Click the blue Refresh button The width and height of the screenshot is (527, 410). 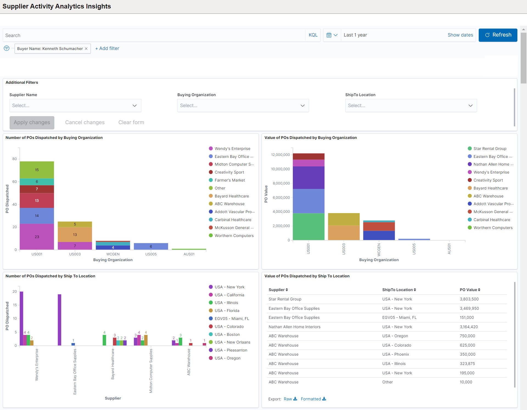[x=498, y=35]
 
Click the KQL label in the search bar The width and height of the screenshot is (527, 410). [x=313, y=35]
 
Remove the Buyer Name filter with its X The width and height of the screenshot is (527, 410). [x=86, y=49]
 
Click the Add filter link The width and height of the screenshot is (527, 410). [x=107, y=48]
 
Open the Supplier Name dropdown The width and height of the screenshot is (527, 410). [x=75, y=105]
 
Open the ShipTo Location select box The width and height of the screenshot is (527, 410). [x=411, y=105]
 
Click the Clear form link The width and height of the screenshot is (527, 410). [x=131, y=122]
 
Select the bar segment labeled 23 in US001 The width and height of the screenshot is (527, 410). [x=37, y=236]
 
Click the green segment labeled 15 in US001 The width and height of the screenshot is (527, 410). [x=37, y=170]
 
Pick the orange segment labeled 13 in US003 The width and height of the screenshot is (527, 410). [x=75, y=234]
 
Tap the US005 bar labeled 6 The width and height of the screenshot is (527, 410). [x=151, y=246]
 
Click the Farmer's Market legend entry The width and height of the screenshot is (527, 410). [x=229, y=180]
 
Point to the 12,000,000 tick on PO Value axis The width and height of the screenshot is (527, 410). [x=280, y=155]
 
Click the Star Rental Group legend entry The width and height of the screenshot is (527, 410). [x=489, y=149]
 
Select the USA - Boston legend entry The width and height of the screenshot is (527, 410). [x=227, y=334]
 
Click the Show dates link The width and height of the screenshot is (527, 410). [x=460, y=35]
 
